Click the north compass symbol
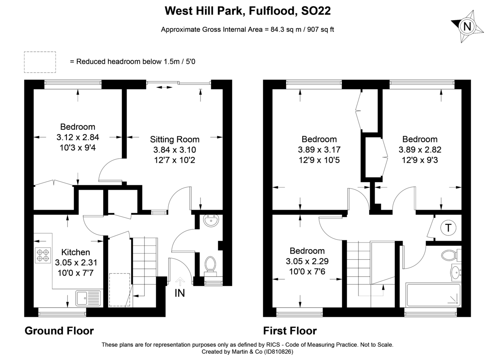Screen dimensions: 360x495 [x=467, y=27]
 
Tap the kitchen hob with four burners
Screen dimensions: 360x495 [x=42, y=254]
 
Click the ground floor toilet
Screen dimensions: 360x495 [x=211, y=264]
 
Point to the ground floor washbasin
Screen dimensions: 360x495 [x=212, y=221]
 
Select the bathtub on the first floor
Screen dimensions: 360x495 [x=433, y=294]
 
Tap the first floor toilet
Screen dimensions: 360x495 [x=450, y=255]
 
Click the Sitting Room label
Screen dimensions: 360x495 [x=174, y=139]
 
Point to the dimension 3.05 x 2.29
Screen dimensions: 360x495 [x=307, y=261]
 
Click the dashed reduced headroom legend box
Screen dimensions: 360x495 [x=40, y=61]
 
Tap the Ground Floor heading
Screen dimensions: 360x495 [x=59, y=331]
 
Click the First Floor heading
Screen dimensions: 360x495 [x=290, y=331]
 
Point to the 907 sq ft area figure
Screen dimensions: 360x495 [x=320, y=29]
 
